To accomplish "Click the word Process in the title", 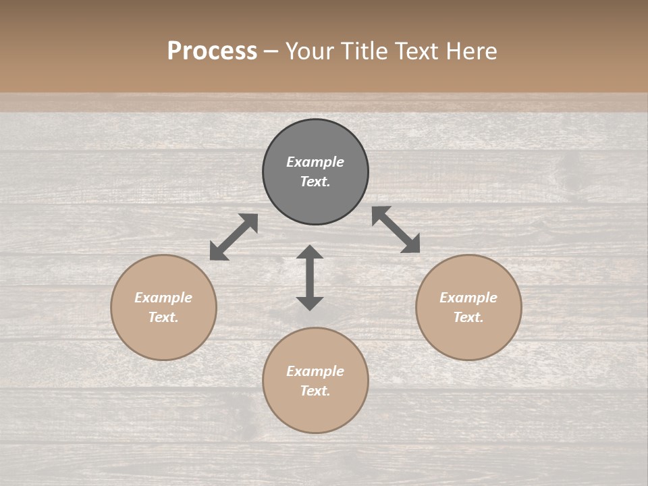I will tap(212, 51).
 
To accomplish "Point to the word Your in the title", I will tap(310, 51).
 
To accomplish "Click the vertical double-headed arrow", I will tap(310, 278).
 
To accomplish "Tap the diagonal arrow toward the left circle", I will tap(234, 237).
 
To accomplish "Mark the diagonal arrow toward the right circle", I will tap(396, 230).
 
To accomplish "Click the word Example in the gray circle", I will tap(315, 162).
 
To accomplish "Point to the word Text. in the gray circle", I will tap(315, 182).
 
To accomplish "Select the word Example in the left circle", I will tap(163, 298).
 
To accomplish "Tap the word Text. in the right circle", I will tap(468, 317).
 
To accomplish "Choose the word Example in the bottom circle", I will tap(315, 371).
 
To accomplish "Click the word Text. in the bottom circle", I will tap(315, 391).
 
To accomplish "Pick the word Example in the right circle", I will tap(468, 298).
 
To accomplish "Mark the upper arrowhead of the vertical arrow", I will tap(310, 252).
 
